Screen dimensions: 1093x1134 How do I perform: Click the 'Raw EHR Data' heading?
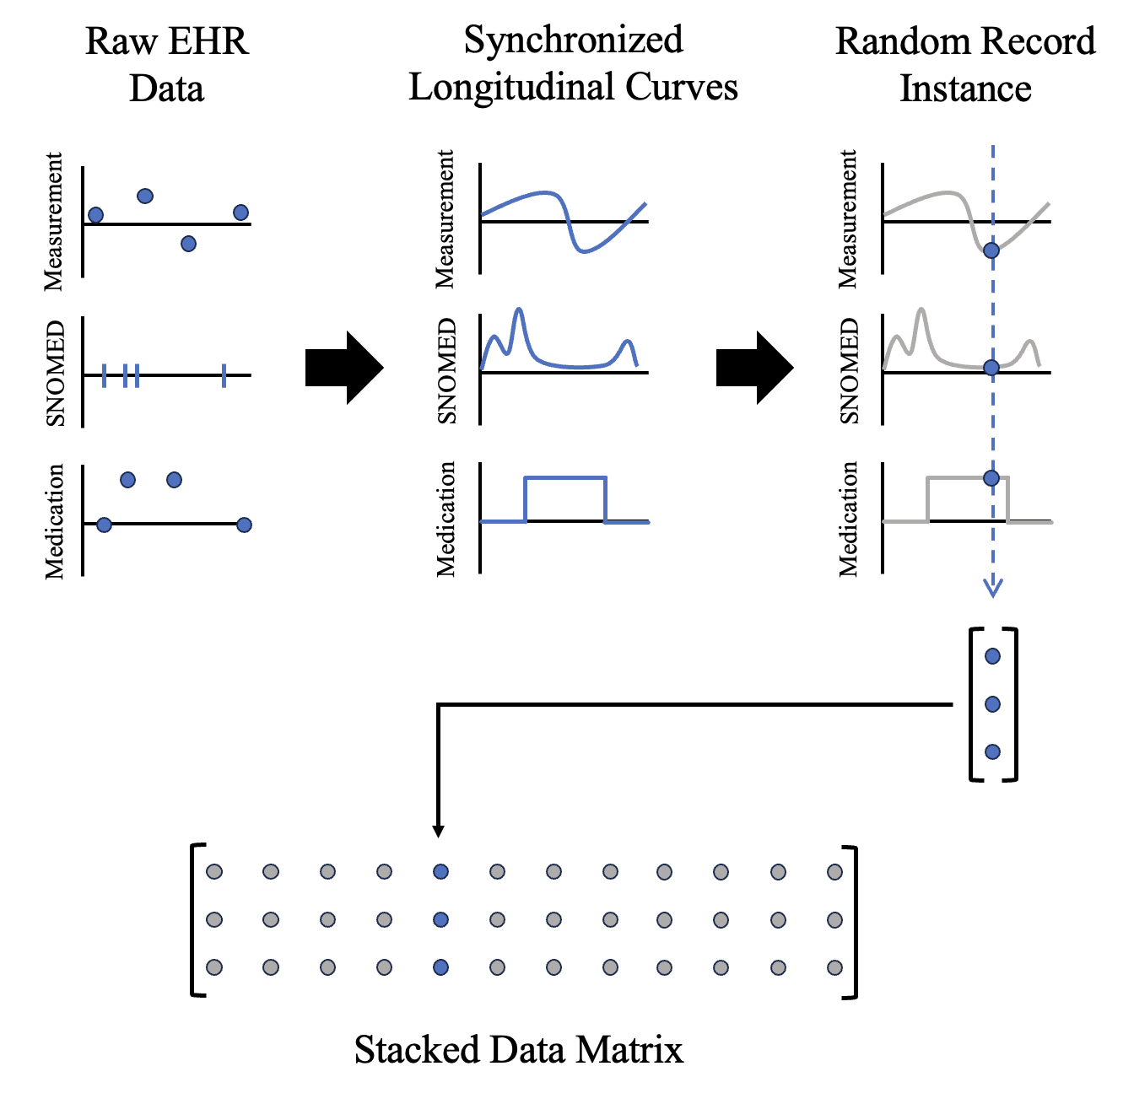coord(167,65)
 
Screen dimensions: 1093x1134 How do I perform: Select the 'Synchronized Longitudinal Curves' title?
coord(573,63)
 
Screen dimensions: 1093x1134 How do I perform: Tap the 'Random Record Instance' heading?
coord(965,65)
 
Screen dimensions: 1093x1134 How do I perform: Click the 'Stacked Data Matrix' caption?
coord(518,1050)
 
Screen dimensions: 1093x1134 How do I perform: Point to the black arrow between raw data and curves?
coord(344,368)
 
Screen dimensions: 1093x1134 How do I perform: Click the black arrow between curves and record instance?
coord(754,368)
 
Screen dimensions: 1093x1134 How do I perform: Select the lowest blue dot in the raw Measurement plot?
coord(189,244)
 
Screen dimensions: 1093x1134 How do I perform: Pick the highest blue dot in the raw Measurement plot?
coord(145,197)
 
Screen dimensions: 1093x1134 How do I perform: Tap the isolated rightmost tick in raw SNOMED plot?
coord(224,375)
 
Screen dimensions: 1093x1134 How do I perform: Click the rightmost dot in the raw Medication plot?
coord(244,525)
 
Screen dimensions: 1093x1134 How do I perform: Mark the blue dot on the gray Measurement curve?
coord(992,250)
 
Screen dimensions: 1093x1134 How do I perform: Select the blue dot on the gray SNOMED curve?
coord(992,368)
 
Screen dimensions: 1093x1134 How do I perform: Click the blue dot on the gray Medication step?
coord(992,478)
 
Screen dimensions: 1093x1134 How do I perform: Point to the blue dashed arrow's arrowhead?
coord(993,589)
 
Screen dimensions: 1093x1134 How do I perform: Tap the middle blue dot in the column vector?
coord(993,704)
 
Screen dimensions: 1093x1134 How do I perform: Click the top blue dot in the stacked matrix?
coord(440,872)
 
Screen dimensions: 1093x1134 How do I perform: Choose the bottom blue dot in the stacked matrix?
coord(440,967)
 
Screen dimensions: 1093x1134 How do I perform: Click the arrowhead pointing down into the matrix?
coord(438,832)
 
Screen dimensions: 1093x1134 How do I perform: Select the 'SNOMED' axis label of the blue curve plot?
coord(447,371)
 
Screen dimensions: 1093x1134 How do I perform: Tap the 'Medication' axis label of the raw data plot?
coord(55,521)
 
